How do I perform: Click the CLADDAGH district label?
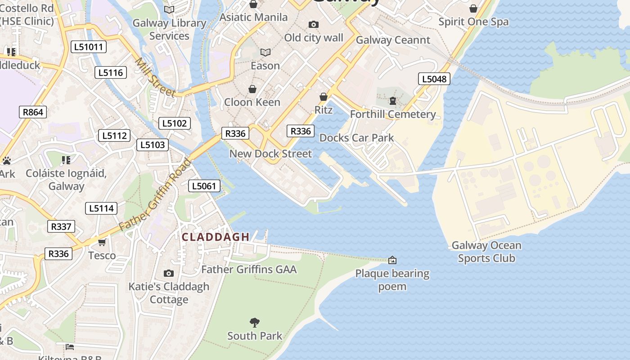point(216,237)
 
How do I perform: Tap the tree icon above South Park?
point(255,322)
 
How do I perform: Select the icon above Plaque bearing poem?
point(392,260)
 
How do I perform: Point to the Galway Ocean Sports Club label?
point(486,252)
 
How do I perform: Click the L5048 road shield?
point(434,79)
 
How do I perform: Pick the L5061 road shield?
point(205,186)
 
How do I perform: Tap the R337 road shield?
point(61,226)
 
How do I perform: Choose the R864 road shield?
point(33,112)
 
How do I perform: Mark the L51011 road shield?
point(89,47)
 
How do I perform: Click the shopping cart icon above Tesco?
point(102,243)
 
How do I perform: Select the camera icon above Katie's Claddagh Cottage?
point(169,273)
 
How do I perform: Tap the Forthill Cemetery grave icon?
point(393,101)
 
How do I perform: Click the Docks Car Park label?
point(356,138)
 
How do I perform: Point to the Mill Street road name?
point(155,77)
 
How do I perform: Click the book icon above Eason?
point(265,53)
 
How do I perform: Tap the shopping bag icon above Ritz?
point(323,97)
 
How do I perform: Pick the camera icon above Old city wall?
point(314,25)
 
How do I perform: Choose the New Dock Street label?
point(270,154)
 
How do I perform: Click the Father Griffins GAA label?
point(249,270)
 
